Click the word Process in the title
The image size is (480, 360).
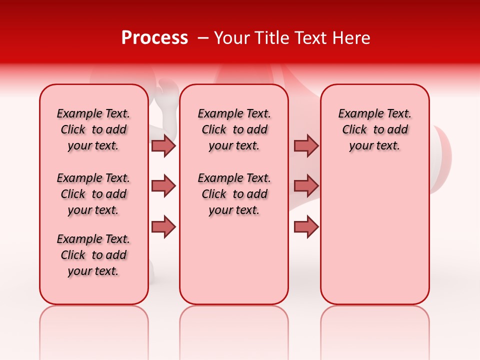pyautogui.click(x=154, y=38)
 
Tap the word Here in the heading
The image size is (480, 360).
pyautogui.click(x=351, y=38)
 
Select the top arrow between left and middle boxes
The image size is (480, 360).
pyautogui.click(x=163, y=145)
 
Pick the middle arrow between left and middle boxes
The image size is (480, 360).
pyautogui.click(x=163, y=186)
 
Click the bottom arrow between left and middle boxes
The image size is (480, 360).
pyautogui.click(x=163, y=227)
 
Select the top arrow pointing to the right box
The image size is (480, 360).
pyautogui.click(x=306, y=145)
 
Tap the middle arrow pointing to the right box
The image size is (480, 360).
pyautogui.click(x=306, y=186)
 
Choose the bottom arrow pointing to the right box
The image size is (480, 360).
pyautogui.click(x=306, y=227)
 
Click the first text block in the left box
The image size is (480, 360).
pyautogui.click(x=93, y=129)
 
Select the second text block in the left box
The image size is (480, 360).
pyautogui.click(x=93, y=194)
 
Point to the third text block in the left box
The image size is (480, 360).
pyautogui.click(x=93, y=255)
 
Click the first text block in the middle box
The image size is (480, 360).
pyautogui.click(x=234, y=129)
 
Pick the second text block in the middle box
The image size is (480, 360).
pyautogui.click(x=234, y=194)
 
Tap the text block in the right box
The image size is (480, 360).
pyautogui.click(x=375, y=129)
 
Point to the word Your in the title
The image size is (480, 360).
pyautogui.click(x=229, y=38)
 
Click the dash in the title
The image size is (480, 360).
pyautogui.click(x=203, y=38)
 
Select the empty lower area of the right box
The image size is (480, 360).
pyautogui.click(x=375, y=235)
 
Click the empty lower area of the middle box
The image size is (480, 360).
pyautogui.click(x=234, y=260)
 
